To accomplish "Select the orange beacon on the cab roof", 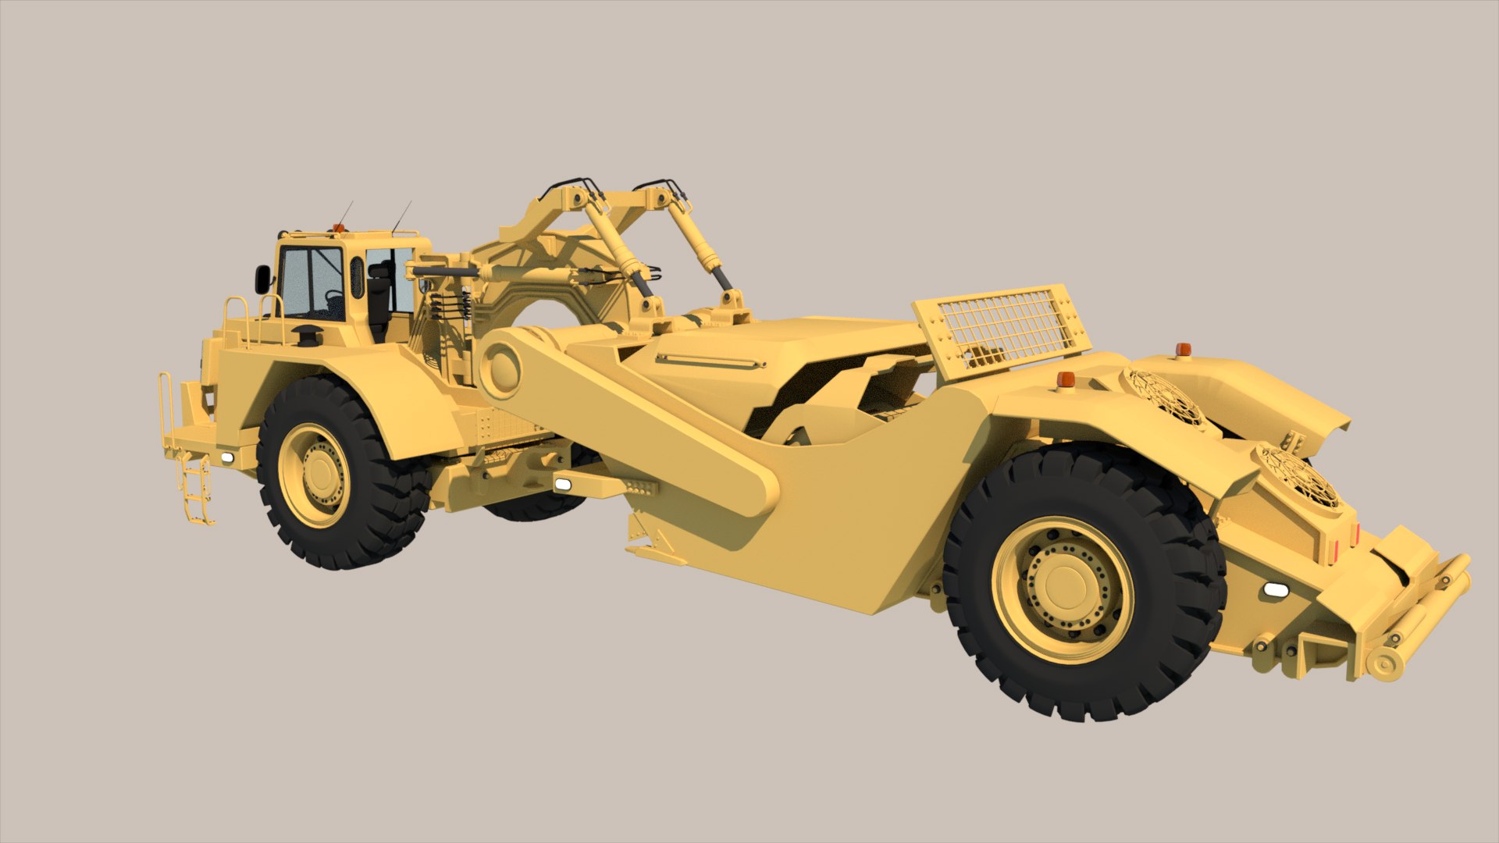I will (x=338, y=228).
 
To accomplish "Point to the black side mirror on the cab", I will (x=262, y=279).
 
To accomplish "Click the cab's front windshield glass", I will (x=311, y=283).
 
